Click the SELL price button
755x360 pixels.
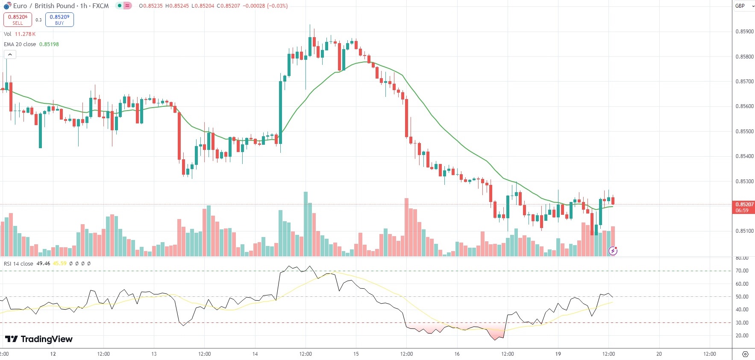click(18, 20)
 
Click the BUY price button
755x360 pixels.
click(59, 20)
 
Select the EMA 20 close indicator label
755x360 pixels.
click(20, 44)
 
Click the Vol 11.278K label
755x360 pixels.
click(20, 34)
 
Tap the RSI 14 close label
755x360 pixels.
click(18, 263)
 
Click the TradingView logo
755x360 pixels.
click(39, 339)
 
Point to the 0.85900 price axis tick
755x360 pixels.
click(744, 32)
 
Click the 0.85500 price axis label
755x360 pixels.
click(744, 132)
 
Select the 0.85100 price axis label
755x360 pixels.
click(744, 231)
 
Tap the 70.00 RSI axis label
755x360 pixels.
click(742, 271)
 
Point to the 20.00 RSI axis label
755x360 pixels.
click(742, 336)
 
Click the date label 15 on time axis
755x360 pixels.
click(356, 354)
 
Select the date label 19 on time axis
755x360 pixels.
click(558, 354)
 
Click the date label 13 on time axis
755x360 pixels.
click(154, 354)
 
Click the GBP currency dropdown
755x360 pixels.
click(744, 6)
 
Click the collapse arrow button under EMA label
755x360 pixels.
click(10, 55)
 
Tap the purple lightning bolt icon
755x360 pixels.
click(613, 251)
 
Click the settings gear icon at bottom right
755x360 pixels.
click(745, 354)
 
